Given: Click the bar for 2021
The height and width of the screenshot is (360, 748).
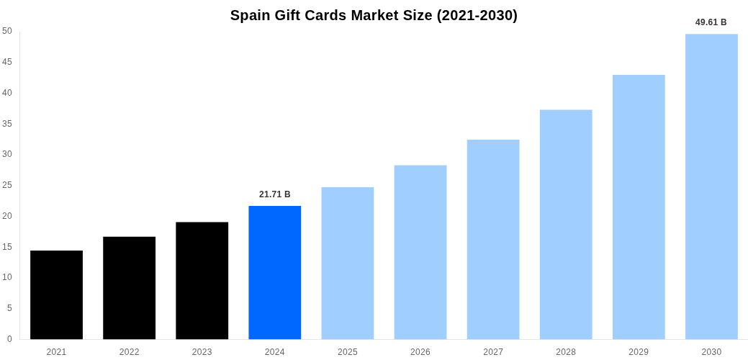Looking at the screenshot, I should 56,295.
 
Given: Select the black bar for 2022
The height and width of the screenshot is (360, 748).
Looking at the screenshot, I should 129,288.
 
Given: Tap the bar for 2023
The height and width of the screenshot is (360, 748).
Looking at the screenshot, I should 202,281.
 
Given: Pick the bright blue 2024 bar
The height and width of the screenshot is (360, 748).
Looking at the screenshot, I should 274,273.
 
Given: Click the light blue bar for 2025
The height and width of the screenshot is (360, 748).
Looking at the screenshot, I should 347,264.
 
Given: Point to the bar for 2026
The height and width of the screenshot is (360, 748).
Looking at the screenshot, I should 420,252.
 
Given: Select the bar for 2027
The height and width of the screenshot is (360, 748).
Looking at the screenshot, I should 492,240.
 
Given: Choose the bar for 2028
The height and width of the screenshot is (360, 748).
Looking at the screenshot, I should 566,225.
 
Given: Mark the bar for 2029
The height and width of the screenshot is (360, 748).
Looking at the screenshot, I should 639,207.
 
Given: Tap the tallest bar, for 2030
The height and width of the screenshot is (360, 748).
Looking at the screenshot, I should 711,186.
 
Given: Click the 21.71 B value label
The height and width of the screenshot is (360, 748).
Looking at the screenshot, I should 274,194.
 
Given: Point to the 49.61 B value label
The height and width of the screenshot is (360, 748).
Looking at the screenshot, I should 711,22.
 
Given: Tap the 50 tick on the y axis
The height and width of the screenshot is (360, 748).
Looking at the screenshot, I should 7,31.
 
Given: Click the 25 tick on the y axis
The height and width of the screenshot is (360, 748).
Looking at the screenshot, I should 7,185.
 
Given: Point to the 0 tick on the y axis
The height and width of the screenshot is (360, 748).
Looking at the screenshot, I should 9,339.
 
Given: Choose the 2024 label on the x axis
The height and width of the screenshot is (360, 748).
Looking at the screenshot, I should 274,352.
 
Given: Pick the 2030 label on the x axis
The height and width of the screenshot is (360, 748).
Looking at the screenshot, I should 711,352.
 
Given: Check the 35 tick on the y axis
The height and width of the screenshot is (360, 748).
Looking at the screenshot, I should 7,124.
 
